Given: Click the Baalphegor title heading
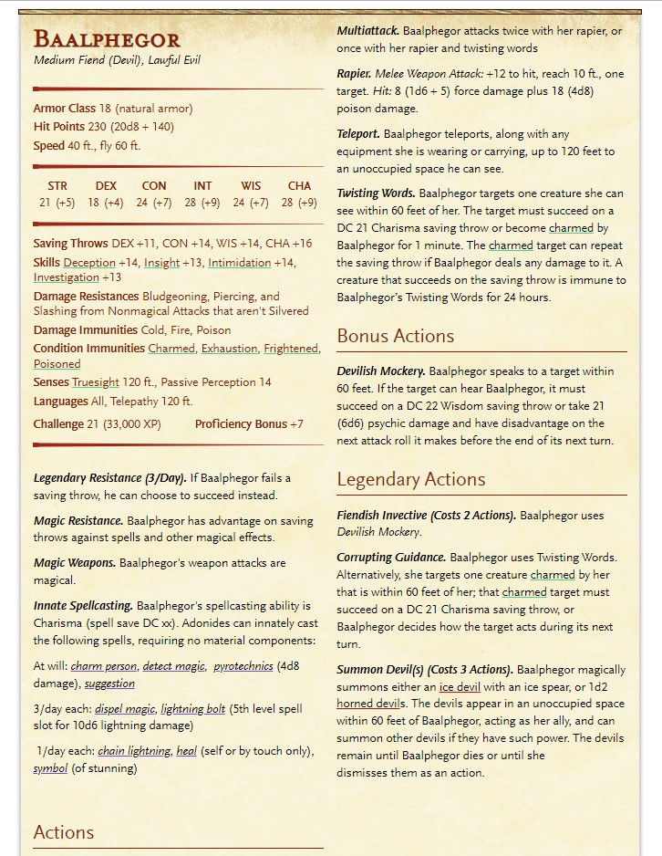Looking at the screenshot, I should click(107, 39).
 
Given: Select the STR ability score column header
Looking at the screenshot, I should click(57, 186).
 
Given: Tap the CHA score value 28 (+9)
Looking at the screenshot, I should click(299, 203).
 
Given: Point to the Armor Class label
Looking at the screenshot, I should click(64, 109).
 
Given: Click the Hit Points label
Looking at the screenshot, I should click(59, 127).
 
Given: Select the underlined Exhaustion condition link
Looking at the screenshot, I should click(230, 349).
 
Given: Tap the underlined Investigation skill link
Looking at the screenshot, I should click(67, 277).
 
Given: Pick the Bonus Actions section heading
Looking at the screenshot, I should click(396, 336).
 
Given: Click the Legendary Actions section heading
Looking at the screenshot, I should click(410, 479).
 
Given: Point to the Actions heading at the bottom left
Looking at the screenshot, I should click(64, 832).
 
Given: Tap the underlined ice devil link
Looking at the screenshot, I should click(460, 686).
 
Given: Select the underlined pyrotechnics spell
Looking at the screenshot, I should click(243, 667).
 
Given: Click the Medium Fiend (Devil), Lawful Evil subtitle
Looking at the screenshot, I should click(117, 60).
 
